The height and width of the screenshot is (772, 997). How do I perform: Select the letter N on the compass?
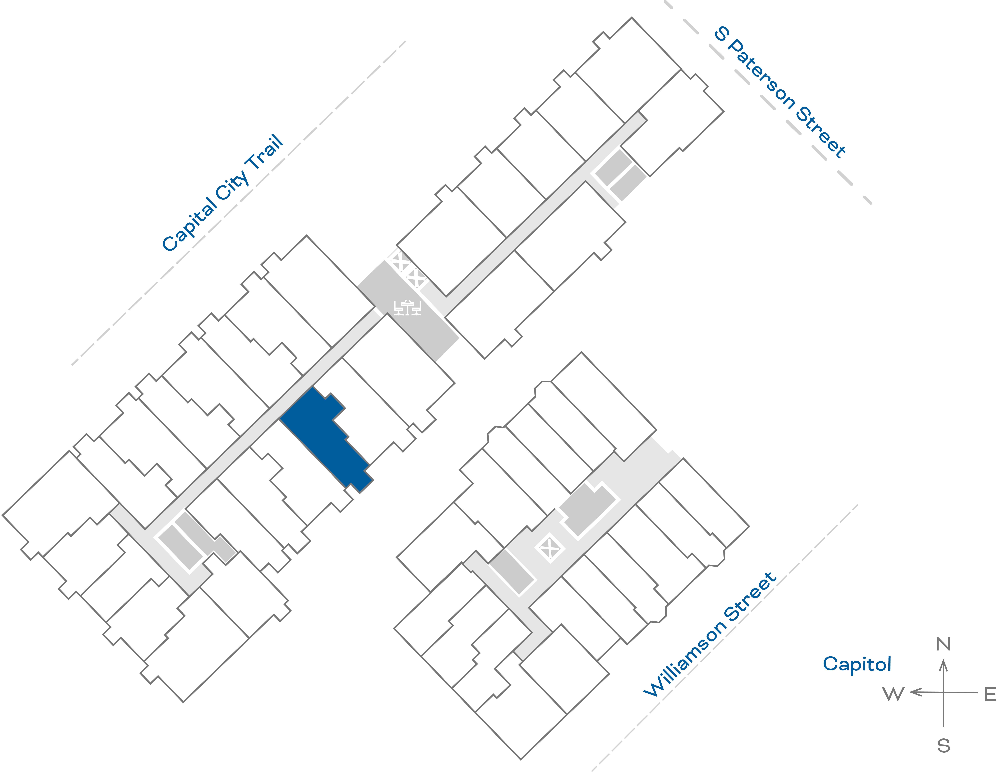pos(943,644)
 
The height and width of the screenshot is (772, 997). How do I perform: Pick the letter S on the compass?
pos(944,746)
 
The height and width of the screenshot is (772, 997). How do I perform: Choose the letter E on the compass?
pos(990,694)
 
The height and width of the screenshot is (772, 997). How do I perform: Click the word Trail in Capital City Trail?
pos(265,153)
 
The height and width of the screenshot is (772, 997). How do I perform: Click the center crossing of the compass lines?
pos(943,693)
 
